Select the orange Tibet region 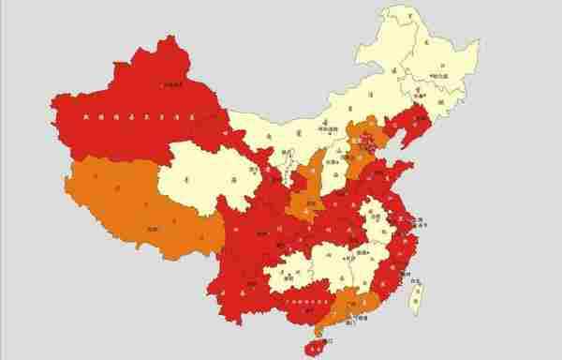[131, 211]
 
